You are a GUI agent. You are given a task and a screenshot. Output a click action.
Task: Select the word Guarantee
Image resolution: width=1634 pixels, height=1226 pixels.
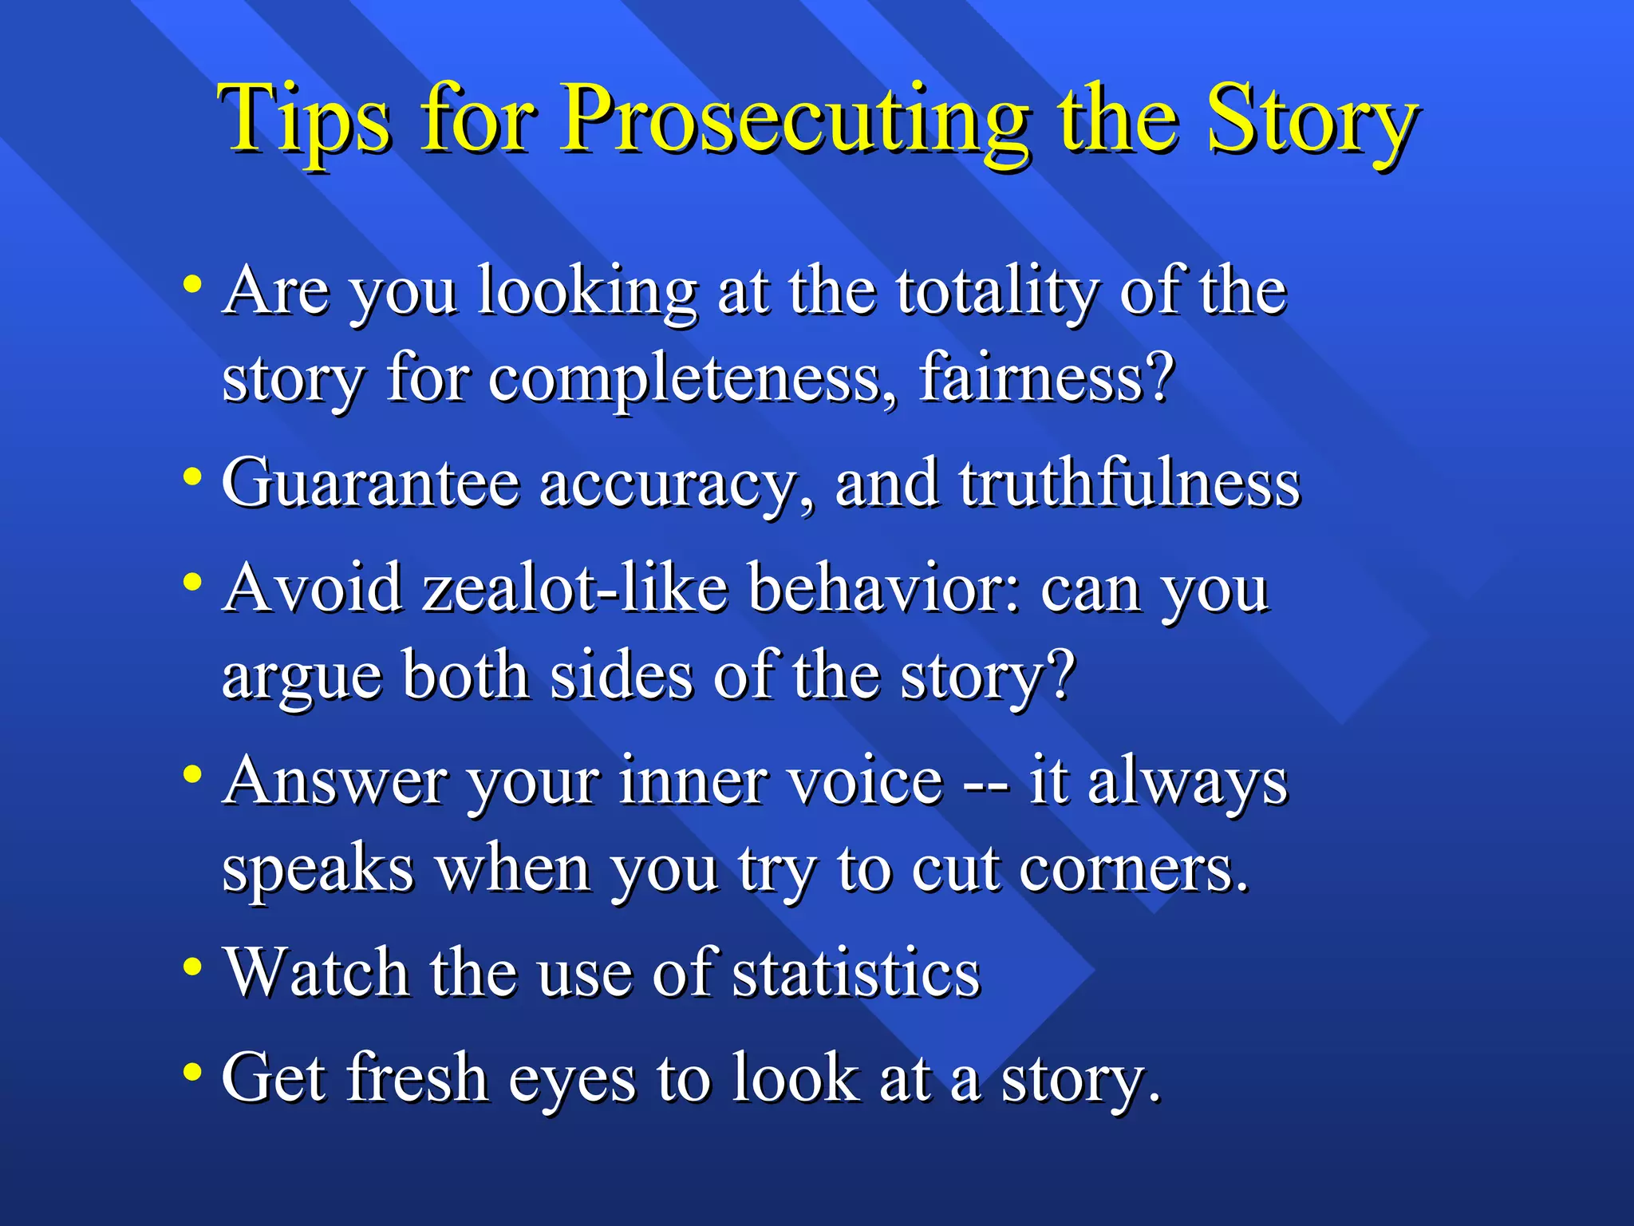click(x=371, y=483)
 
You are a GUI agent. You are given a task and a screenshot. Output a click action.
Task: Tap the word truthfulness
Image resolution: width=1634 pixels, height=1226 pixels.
click(x=1129, y=483)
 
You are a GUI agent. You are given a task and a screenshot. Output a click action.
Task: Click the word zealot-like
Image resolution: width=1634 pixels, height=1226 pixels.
click(x=574, y=588)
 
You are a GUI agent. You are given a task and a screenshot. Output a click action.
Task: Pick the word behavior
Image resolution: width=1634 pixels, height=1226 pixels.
click(x=884, y=588)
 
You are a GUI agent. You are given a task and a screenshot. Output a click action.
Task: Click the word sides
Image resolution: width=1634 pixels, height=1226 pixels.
click(x=622, y=676)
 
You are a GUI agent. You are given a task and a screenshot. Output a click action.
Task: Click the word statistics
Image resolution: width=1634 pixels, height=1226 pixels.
click(x=856, y=973)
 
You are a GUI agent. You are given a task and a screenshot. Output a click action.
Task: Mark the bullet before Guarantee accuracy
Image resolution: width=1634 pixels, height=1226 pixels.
click(x=191, y=477)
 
